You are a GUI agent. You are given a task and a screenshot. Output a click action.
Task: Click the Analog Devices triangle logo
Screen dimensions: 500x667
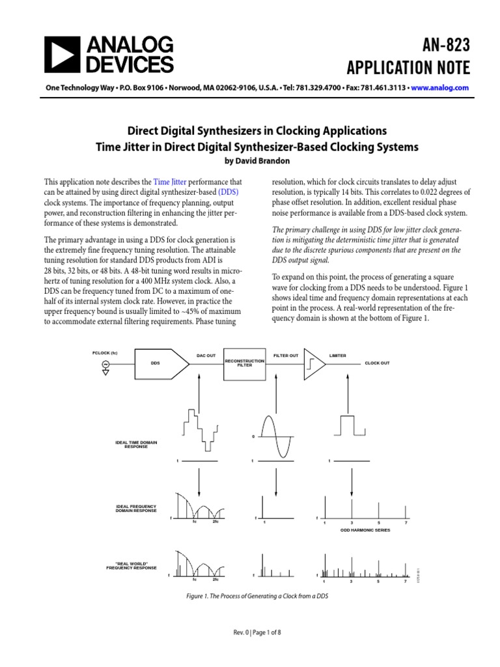pos(61,55)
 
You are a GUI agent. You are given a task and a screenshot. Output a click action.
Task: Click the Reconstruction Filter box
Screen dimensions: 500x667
pos(244,363)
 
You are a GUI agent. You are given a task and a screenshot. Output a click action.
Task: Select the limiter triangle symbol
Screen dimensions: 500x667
pos(315,363)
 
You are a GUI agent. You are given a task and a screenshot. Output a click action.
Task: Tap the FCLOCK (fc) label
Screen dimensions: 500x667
pos(105,352)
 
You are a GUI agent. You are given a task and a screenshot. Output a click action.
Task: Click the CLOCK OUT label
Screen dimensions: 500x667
pos(377,363)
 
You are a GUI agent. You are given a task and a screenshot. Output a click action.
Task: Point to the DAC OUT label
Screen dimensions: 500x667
pos(206,356)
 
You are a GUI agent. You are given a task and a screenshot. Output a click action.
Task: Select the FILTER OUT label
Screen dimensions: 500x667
pos(286,356)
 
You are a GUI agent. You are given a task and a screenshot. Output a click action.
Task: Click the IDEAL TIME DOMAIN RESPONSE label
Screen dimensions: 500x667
pos(136,445)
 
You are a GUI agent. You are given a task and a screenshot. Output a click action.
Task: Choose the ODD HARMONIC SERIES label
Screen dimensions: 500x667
pos(365,531)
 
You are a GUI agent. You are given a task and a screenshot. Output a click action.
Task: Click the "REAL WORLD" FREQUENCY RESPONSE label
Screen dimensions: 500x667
pos(132,565)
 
